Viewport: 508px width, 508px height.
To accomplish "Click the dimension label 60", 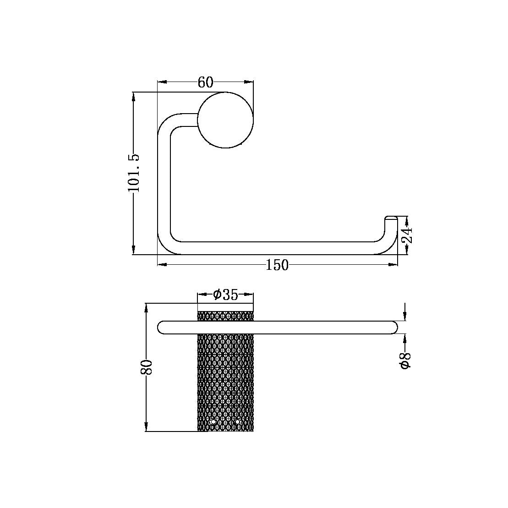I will coord(206,82).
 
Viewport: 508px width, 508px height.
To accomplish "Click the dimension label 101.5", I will coord(133,173).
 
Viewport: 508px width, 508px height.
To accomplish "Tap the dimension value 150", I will coord(277,265).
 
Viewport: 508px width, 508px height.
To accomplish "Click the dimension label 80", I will coord(146,367).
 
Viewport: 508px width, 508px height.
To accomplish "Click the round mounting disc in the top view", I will coord(225,120).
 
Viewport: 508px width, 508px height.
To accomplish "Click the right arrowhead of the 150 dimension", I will coord(393,265).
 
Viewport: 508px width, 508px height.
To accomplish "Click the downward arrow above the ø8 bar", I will coord(405,316).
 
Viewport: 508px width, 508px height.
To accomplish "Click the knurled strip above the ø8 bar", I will coord(225,316).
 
